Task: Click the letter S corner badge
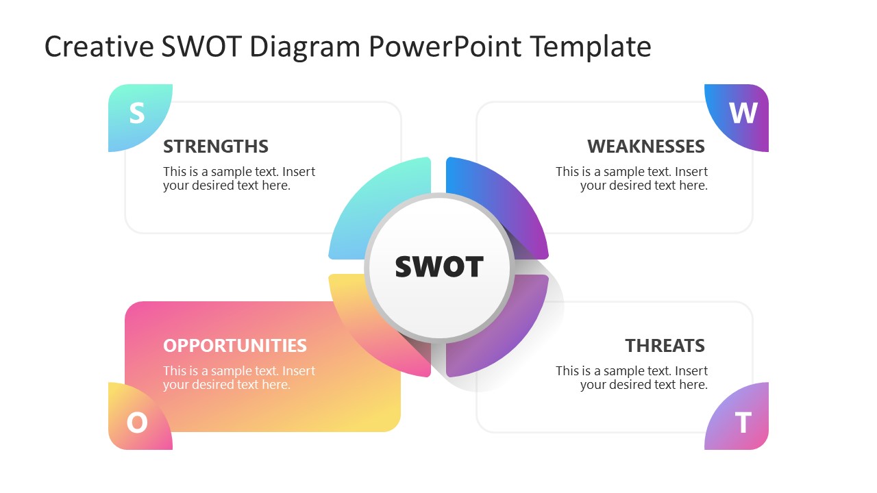point(137,114)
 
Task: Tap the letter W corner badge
point(741,114)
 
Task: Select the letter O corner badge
point(137,422)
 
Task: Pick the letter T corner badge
point(742,422)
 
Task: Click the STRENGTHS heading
point(216,147)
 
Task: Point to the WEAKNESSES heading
point(645,147)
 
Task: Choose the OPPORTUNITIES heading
point(235,345)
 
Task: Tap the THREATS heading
point(665,345)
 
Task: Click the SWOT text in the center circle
point(439,266)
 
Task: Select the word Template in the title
point(591,47)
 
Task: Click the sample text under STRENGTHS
point(239,179)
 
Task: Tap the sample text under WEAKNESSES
point(632,179)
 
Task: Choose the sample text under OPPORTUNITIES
point(239,377)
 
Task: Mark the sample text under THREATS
point(632,377)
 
